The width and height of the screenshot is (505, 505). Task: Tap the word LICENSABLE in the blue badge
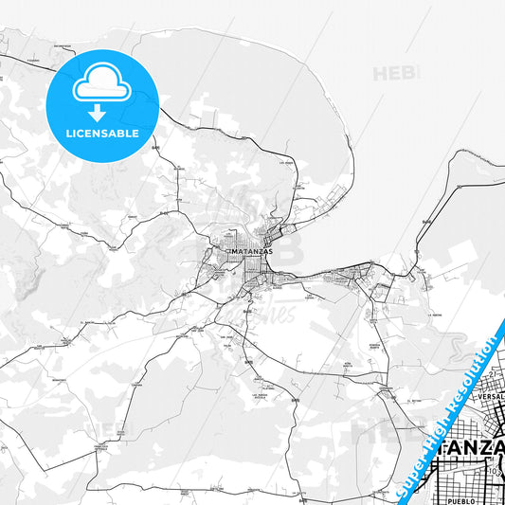tap(102, 134)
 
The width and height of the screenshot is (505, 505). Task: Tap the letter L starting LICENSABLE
tap(67, 134)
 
